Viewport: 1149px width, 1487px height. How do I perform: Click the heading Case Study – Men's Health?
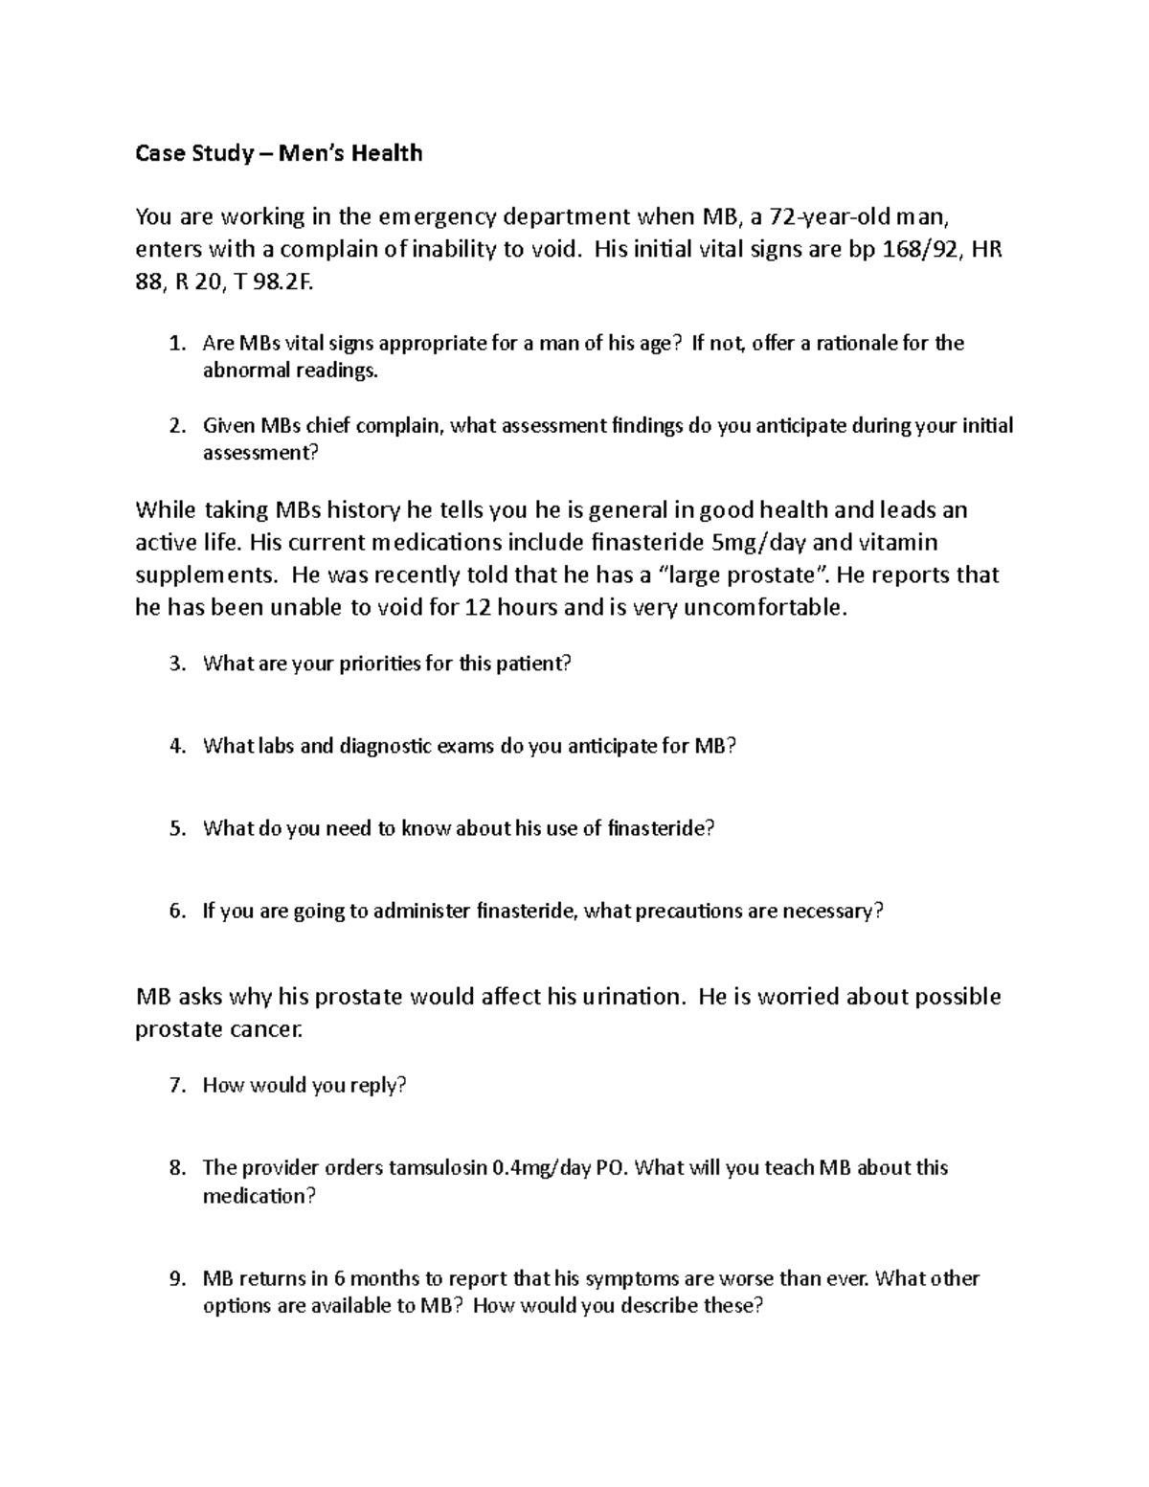click(279, 153)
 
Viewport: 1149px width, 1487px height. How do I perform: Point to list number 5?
click(175, 828)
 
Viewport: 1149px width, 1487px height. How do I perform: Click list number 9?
click(175, 1279)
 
